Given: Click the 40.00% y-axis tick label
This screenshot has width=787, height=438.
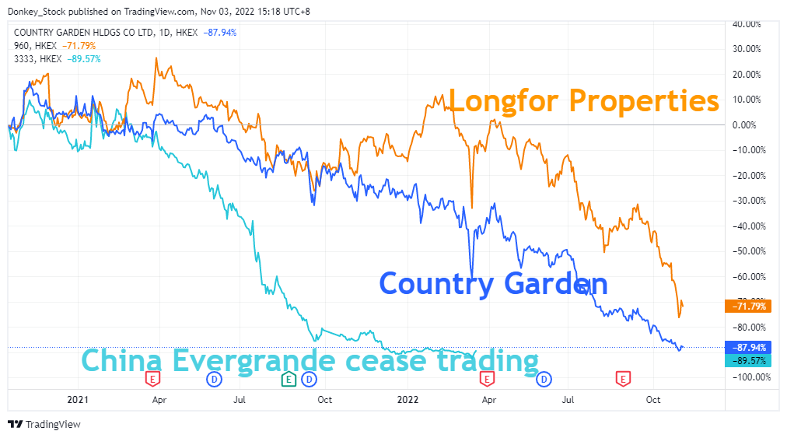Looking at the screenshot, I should pyautogui.click(x=747, y=24).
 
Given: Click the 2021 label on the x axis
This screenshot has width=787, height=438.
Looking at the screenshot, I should pyautogui.click(x=79, y=400).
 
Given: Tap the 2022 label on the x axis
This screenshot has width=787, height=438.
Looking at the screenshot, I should pyautogui.click(x=408, y=400).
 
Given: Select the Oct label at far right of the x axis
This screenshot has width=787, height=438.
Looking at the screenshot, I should pyautogui.click(x=653, y=400).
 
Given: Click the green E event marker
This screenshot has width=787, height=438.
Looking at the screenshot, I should pyautogui.click(x=288, y=379).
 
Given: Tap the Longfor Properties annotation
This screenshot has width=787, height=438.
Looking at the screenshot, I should pyautogui.click(x=584, y=100).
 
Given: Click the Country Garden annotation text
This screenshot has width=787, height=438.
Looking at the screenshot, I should pyautogui.click(x=493, y=284).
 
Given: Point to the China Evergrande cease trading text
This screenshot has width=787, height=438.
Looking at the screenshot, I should pyautogui.click(x=310, y=361).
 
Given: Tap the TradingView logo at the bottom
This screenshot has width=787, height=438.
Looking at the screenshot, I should pyautogui.click(x=44, y=424).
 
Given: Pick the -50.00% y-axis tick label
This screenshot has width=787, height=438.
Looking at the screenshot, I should pyautogui.click(x=747, y=251).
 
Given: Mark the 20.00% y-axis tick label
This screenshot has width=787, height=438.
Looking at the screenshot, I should pyautogui.click(x=747, y=75).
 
